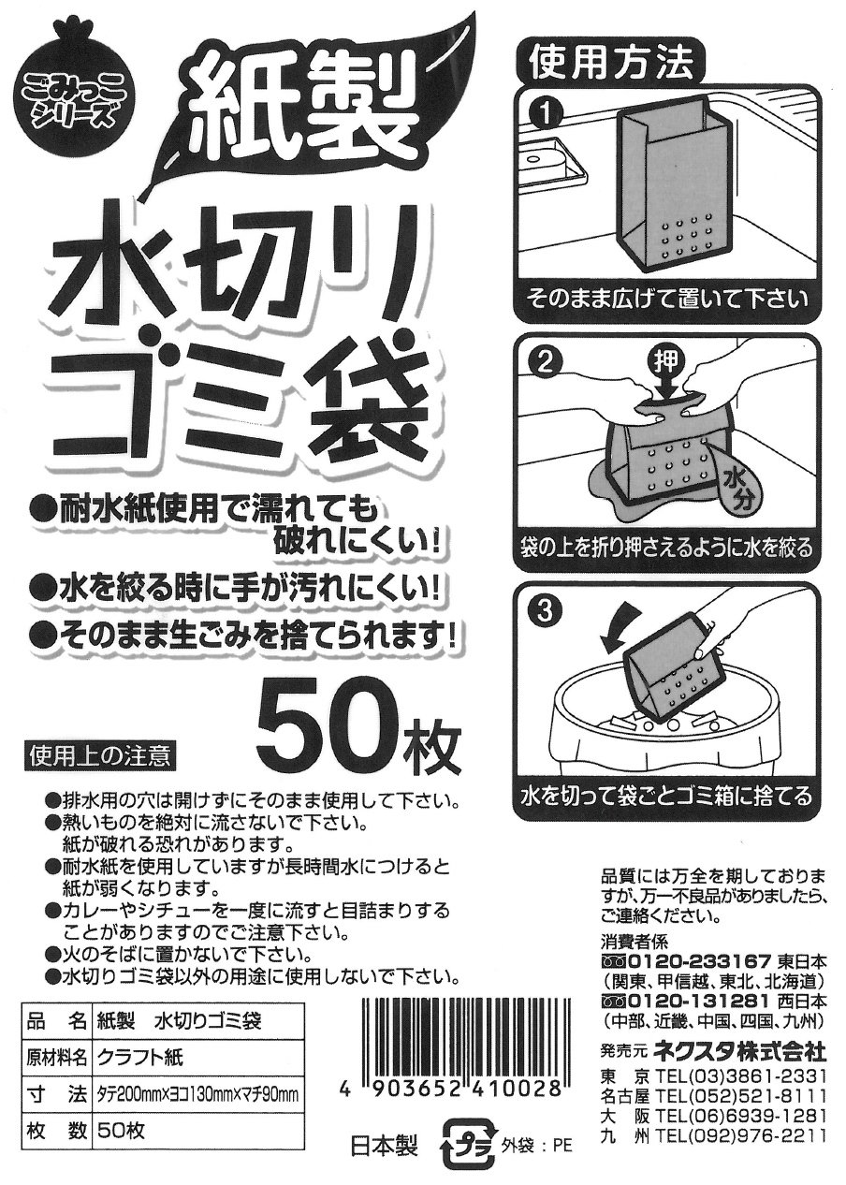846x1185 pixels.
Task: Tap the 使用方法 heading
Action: [613, 66]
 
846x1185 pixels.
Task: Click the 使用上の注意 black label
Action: [100, 756]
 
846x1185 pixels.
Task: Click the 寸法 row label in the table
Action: [56, 1092]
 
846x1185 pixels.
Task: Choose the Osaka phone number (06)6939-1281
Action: [740, 1113]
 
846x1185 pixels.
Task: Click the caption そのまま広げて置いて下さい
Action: [667, 300]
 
